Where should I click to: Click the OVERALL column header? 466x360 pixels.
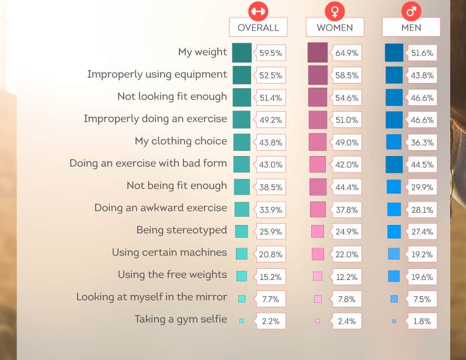[258, 27]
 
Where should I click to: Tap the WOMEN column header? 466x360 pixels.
[335, 27]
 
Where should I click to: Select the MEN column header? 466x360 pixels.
[411, 27]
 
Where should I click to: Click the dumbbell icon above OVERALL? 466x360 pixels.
[258, 10]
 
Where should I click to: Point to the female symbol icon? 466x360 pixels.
[335, 10]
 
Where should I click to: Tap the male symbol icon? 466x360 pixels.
[411, 10]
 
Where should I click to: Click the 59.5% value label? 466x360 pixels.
[271, 53]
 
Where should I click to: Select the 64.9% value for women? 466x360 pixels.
[347, 53]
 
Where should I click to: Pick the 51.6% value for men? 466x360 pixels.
[422, 53]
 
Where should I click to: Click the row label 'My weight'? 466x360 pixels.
[203, 52]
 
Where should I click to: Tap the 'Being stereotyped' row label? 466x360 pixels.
[182, 230]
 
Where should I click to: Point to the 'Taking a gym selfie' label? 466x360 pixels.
[180, 319]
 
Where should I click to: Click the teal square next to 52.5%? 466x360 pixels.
[242, 75]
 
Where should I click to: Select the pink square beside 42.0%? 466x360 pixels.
[318, 164]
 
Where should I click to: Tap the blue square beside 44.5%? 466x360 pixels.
[394, 164]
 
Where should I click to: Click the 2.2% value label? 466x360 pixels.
[271, 321]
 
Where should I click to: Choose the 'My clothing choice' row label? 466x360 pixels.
[180, 141]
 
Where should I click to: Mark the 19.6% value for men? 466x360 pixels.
[422, 276]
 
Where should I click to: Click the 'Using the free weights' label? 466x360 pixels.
[172, 275]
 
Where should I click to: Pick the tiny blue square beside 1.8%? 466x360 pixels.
[394, 321]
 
